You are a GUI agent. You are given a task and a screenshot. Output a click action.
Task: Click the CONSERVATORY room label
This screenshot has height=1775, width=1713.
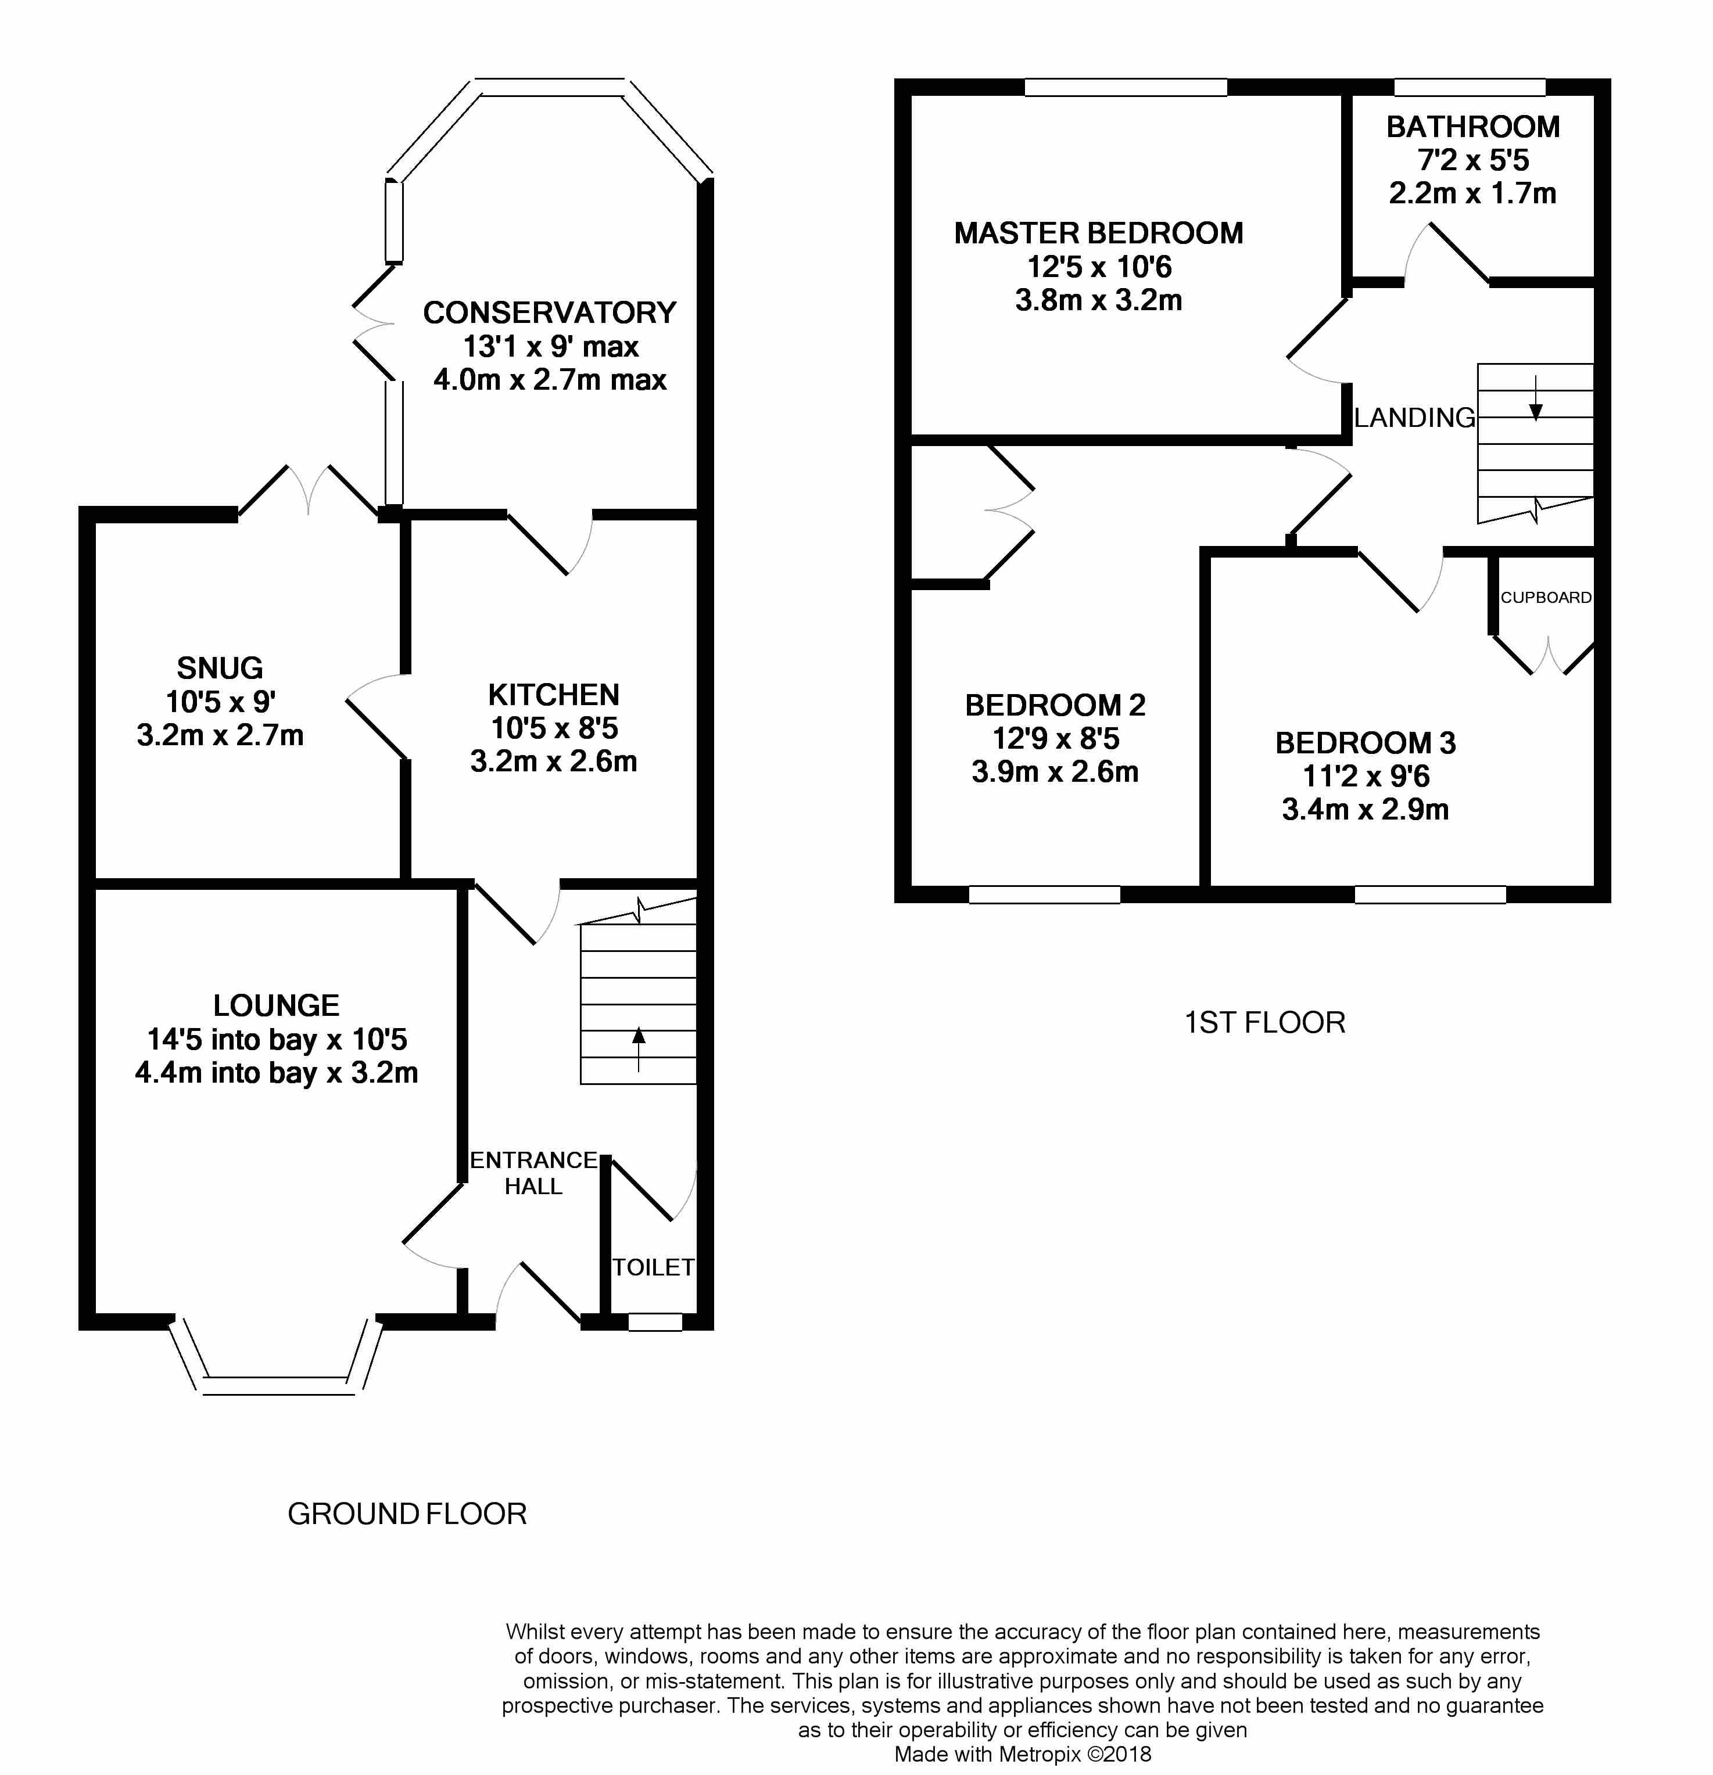click(549, 312)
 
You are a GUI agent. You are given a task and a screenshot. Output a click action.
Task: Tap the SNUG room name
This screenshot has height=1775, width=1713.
click(220, 669)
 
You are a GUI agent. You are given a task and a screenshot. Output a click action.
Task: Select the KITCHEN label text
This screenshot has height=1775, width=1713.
click(554, 695)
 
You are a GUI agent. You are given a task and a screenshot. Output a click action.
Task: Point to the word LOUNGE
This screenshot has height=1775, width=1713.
click(276, 1005)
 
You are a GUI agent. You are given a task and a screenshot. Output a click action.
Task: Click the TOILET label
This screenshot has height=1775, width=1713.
click(653, 1267)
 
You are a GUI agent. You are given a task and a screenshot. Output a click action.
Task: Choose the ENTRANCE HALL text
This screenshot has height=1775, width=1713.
click(533, 1173)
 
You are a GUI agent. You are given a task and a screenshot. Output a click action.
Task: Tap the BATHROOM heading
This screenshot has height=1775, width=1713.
click(1473, 127)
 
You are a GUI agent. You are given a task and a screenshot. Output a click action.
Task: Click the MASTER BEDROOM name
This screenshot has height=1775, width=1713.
click(1099, 233)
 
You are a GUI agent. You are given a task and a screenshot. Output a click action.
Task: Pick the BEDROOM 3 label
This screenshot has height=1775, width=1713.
click(1365, 743)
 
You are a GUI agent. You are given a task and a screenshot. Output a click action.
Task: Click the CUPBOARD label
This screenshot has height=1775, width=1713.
click(1546, 598)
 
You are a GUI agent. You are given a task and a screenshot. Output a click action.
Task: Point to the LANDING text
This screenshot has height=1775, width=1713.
click(1415, 418)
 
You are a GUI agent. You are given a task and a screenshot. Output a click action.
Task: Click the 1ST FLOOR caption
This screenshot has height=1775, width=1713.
click(1264, 1022)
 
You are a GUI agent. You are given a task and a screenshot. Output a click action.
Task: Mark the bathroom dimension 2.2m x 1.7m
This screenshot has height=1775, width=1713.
click(1473, 193)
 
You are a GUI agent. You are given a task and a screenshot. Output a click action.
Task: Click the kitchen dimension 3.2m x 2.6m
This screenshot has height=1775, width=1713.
click(554, 761)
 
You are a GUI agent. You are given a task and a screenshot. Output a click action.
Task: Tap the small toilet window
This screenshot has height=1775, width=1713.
click(655, 1322)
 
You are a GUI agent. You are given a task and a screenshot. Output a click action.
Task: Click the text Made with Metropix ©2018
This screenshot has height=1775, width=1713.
click(1023, 1754)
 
